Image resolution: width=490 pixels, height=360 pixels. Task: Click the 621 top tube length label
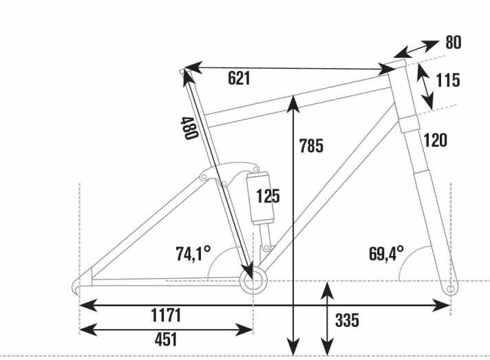pyautogui.click(x=239, y=78)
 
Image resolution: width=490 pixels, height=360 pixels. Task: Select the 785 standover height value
pyautogui.click(x=311, y=146)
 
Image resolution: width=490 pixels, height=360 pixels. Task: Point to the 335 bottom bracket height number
pyautogui.click(x=347, y=320)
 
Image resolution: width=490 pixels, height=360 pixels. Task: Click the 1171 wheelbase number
pyautogui.click(x=165, y=315)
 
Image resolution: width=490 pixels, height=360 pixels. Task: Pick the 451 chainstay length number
pyautogui.click(x=165, y=339)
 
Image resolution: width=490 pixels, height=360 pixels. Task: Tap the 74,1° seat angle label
pyautogui.click(x=191, y=253)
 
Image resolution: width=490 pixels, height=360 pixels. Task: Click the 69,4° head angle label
pyautogui.click(x=386, y=253)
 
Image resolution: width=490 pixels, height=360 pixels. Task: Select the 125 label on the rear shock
pyautogui.click(x=268, y=196)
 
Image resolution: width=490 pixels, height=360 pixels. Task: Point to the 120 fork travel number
pyautogui.click(x=435, y=141)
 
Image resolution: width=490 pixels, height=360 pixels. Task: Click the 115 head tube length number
pyautogui.click(x=447, y=81)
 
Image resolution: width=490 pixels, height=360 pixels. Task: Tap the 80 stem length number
pyautogui.click(x=452, y=43)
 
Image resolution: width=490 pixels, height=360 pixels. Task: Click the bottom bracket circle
pyautogui.click(x=253, y=279)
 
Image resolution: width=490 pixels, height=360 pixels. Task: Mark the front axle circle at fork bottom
pyautogui.click(x=451, y=290)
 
